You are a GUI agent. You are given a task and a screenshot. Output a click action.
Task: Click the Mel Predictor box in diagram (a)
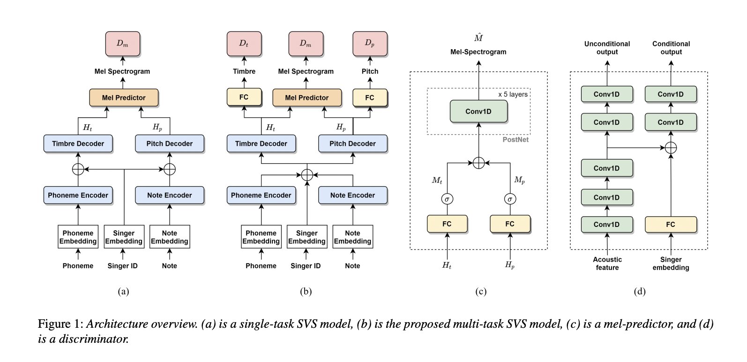pyautogui.click(x=124, y=98)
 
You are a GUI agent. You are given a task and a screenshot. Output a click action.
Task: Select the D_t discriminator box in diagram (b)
pyautogui.click(x=244, y=44)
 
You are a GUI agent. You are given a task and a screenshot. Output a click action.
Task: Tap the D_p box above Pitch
pyautogui.click(x=369, y=44)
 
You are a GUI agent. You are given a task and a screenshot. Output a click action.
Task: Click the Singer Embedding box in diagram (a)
pyautogui.click(x=124, y=237)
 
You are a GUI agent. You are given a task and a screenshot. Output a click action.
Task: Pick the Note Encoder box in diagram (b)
pyautogui.click(x=352, y=195)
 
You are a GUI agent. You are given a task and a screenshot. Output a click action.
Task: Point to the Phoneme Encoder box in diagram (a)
pyautogui.click(x=78, y=195)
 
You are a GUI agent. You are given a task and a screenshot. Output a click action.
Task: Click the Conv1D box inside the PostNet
pyautogui.click(x=478, y=112)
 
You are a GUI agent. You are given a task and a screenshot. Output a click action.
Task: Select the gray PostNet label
pyautogui.click(x=515, y=140)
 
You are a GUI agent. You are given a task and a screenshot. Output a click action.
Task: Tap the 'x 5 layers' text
pyautogui.click(x=513, y=94)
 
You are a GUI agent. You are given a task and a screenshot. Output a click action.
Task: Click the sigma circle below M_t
pyautogui.click(x=447, y=199)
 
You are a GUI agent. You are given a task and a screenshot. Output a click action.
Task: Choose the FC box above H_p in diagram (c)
pyautogui.click(x=510, y=224)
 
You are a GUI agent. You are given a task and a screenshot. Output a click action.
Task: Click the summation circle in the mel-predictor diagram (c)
pyautogui.click(x=478, y=163)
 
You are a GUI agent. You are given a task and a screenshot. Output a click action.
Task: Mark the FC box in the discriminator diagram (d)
pyautogui.click(x=671, y=225)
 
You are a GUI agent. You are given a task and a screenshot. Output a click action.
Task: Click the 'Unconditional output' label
pyautogui.click(x=607, y=48)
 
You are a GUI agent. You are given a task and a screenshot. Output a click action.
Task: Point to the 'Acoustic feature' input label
pyautogui.click(x=607, y=264)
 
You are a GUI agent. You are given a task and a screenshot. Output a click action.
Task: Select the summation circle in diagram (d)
pyautogui.click(x=671, y=147)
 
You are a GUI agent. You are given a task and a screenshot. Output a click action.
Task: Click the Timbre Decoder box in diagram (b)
pyautogui.click(x=261, y=143)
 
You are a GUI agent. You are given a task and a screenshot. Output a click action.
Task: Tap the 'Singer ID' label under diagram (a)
pyautogui.click(x=123, y=266)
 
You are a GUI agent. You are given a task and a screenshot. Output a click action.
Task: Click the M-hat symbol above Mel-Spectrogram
pyautogui.click(x=478, y=38)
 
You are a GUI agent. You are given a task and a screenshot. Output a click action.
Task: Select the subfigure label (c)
pyautogui.click(x=480, y=292)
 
